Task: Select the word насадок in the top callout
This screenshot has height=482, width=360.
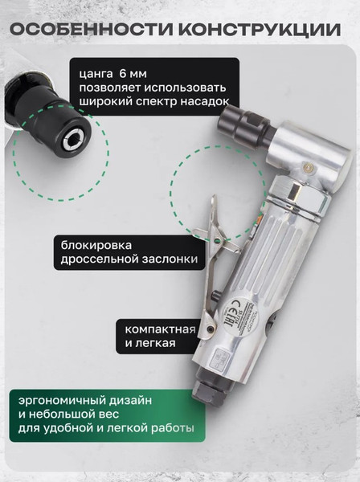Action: point(202,101)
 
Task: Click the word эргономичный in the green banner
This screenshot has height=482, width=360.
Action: point(60,399)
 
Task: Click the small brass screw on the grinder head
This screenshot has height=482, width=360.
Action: point(307,165)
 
